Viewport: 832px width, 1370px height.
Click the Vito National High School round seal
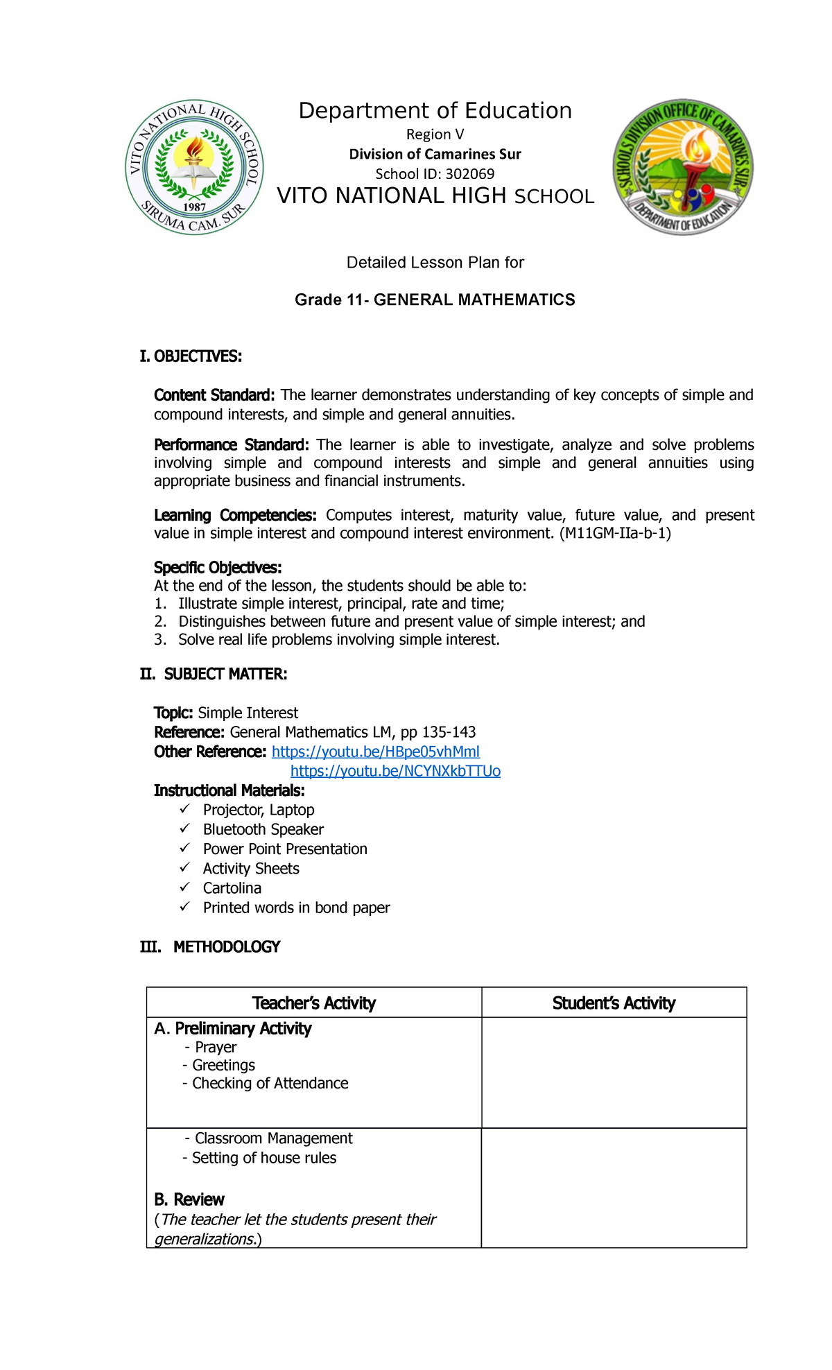pyautogui.click(x=195, y=167)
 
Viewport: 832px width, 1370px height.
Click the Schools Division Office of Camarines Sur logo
pyautogui.click(x=683, y=166)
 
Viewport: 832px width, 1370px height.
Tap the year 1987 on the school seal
pyautogui.click(x=195, y=207)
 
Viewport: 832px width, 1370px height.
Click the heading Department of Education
pyautogui.click(x=435, y=111)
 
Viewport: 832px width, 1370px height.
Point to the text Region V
pyautogui.click(x=435, y=135)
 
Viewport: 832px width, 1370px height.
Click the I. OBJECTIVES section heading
pyautogui.click(x=191, y=356)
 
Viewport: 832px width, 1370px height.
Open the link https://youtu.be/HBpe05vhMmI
pyautogui.click(x=375, y=752)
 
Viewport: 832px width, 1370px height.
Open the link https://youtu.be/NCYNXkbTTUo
pyautogui.click(x=395, y=771)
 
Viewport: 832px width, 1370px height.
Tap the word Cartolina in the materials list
pyautogui.click(x=232, y=888)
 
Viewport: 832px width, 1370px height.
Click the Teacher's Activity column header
pyautogui.click(x=313, y=1003)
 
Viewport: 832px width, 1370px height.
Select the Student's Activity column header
pyautogui.click(x=614, y=1003)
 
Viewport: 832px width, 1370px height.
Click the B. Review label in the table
pyautogui.click(x=189, y=1199)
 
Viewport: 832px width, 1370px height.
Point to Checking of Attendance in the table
pyautogui.click(x=270, y=1083)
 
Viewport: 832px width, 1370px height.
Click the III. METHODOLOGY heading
pyautogui.click(x=210, y=947)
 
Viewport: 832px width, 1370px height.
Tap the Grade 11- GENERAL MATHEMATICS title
pyautogui.click(x=435, y=300)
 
